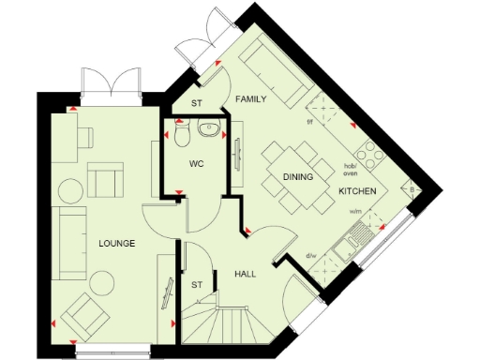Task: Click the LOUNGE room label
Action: [117, 243]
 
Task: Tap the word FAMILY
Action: [250, 97]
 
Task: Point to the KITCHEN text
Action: [357, 191]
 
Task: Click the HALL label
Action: [246, 274]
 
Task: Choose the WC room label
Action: [197, 163]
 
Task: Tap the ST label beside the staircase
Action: [197, 284]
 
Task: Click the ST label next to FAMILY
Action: [197, 104]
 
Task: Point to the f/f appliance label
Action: [310, 122]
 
